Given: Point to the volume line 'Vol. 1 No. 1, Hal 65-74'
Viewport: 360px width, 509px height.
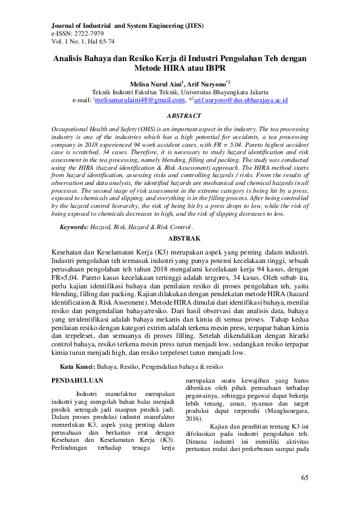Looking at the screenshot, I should [82, 42].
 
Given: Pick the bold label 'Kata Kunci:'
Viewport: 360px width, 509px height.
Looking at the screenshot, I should [77, 367].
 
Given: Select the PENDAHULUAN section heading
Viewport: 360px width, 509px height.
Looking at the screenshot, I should [77, 381].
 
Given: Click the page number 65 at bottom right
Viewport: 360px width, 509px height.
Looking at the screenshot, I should [305, 478].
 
